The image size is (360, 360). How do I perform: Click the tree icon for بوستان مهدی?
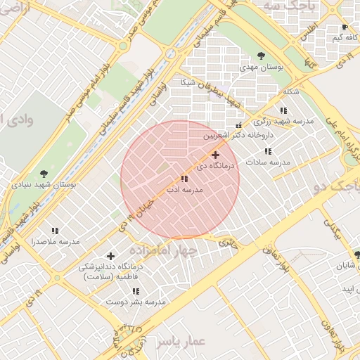[x=262, y=56]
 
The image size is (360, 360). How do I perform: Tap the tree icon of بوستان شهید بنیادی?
[x=44, y=172]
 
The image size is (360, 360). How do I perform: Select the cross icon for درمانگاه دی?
[x=214, y=155]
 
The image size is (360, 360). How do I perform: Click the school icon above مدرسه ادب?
[x=184, y=179]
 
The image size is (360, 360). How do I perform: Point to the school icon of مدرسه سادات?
[x=267, y=151]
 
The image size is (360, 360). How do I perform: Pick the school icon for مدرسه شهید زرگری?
[x=283, y=110]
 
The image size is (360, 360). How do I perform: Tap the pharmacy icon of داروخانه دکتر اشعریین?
[x=239, y=124]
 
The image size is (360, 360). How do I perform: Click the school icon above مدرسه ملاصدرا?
[x=55, y=231]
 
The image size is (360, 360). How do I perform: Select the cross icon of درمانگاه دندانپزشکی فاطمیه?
[x=110, y=256]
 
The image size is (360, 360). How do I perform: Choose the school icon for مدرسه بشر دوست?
[x=136, y=291]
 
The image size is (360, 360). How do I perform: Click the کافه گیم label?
[x=328, y=37]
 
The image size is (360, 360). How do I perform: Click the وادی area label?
[x=15, y=117]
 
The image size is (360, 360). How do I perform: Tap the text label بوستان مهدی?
[x=262, y=67]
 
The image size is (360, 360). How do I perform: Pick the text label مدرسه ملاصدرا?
[x=56, y=242]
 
